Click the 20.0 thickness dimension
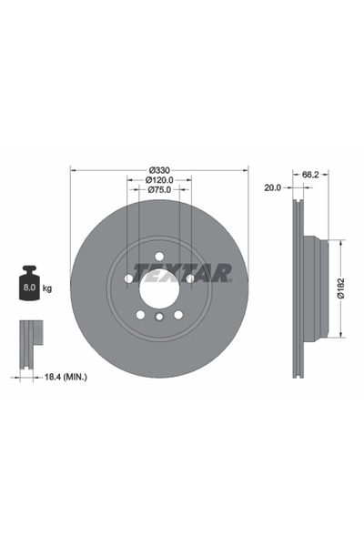click(270, 188)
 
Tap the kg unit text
click(47, 288)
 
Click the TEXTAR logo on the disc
click(183, 272)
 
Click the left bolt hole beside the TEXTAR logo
click(128, 278)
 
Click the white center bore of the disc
click(158, 289)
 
